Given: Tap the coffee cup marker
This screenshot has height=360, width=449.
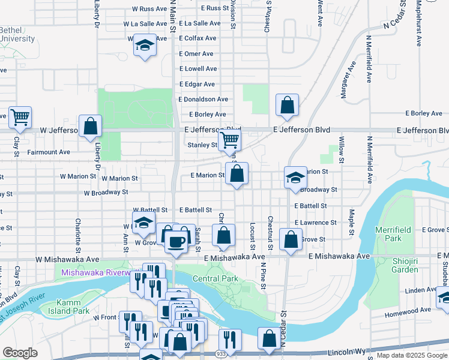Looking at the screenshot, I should [176, 241].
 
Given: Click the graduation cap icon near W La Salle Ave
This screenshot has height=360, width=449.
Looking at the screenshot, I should [144, 45].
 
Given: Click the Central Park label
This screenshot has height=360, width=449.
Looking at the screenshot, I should [215, 278].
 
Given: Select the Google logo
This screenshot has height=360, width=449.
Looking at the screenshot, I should [20, 353].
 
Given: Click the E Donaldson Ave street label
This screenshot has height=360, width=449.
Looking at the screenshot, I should [203, 99].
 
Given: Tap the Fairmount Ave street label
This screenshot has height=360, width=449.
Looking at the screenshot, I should [49, 152].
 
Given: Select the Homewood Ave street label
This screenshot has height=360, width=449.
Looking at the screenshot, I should [409, 310].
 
